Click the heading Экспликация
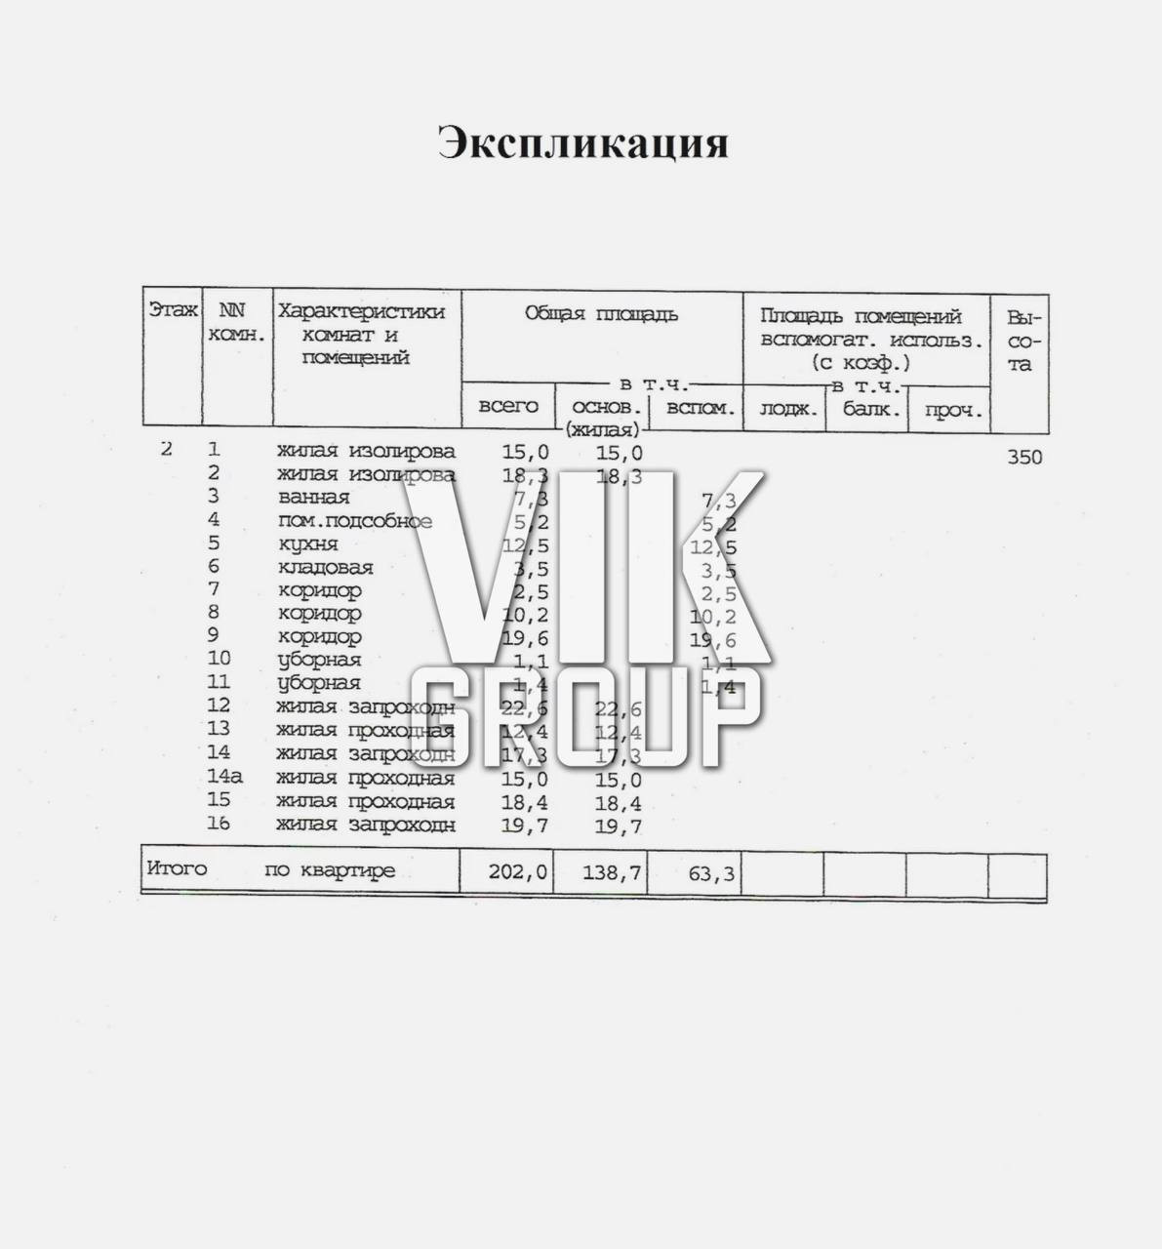[x=582, y=142]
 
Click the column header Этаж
[x=173, y=311]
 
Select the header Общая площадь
[x=601, y=314]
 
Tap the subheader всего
[x=507, y=406]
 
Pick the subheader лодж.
[x=785, y=410]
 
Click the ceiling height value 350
[x=1023, y=457]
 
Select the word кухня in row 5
[x=307, y=544]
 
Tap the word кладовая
[x=325, y=568]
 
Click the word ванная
[x=313, y=498]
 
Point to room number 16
[x=219, y=825]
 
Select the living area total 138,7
[x=613, y=873]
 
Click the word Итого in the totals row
[x=177, y=868]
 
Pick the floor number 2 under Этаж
[x=167, y=450]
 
